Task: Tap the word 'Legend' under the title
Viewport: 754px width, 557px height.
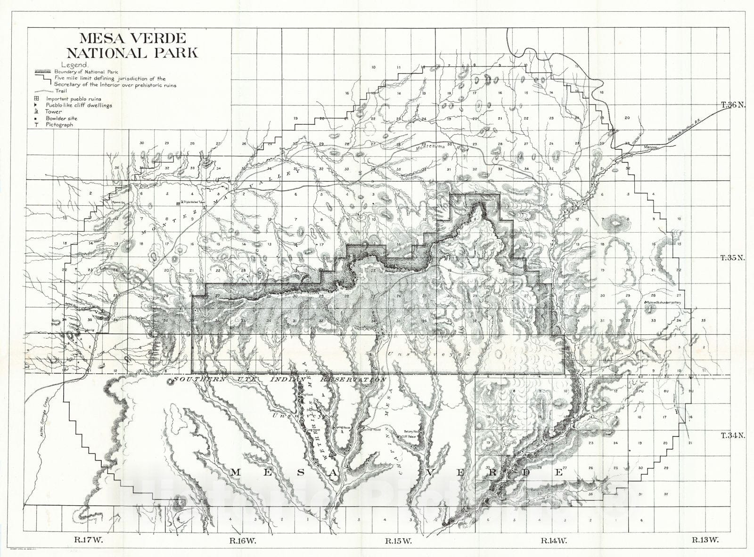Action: (x=74, y=65)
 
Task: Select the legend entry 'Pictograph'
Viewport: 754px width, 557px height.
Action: (x=60, y=125)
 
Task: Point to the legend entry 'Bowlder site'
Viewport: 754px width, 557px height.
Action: (x=61, y=119)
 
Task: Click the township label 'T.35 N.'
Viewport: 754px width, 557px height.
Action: (x=731, y=258)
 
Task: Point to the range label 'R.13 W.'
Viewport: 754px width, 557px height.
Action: (x=705, y=541)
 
